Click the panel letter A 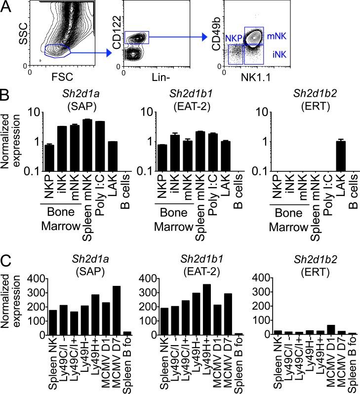click(7, 7)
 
